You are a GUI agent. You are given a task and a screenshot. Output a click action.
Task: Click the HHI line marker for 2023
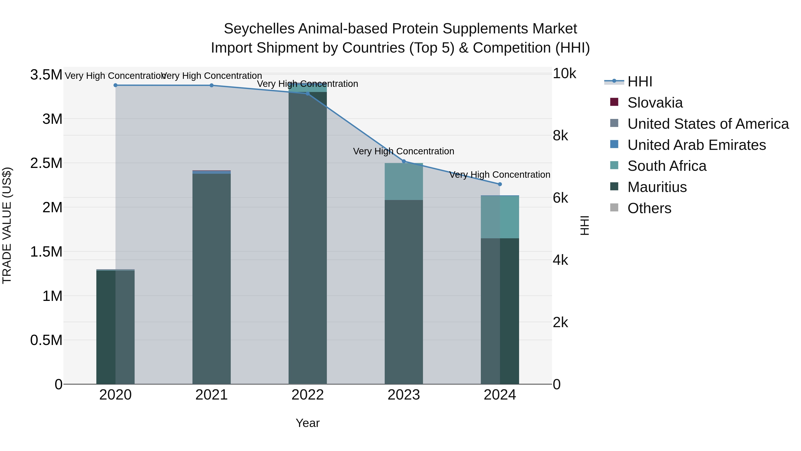click(x=404, y=161)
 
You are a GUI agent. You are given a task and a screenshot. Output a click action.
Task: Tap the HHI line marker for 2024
click(x=500, y=184)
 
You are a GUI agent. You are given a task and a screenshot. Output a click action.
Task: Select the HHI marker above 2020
click(x=115, y=85)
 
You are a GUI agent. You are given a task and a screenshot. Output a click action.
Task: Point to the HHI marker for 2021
click(x=211, y=85)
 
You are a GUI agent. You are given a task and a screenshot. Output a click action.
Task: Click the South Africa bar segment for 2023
click(x=404, y=182)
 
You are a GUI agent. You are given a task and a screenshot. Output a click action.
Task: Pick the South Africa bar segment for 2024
click(x=500, y=217)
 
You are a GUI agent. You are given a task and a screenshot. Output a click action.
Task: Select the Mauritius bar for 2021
click(x=211, y=279)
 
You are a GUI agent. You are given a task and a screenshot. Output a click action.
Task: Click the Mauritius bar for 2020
click(x=115, y=327)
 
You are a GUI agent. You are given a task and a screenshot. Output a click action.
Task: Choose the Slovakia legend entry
click(x=655, y=103)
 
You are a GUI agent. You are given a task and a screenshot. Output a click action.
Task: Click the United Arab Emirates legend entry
click(x=696, y=145)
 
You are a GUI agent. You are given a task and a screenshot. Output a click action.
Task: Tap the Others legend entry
click(x=649, y=208)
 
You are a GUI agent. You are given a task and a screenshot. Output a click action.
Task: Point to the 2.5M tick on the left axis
click(x=46, y=163)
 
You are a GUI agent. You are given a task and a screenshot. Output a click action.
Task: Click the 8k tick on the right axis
click(x=560, y=136)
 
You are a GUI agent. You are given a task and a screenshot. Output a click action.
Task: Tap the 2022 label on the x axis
click(x=307, y=395)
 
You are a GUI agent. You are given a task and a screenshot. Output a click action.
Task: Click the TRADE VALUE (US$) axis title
click(x=7, y=225)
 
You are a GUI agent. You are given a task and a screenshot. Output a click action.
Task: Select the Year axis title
click(x=307, y=423)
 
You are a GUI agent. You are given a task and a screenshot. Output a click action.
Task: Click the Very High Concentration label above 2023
click(x=404, y=151)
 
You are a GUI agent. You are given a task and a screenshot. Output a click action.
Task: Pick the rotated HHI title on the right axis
click(x=585, y=225)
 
